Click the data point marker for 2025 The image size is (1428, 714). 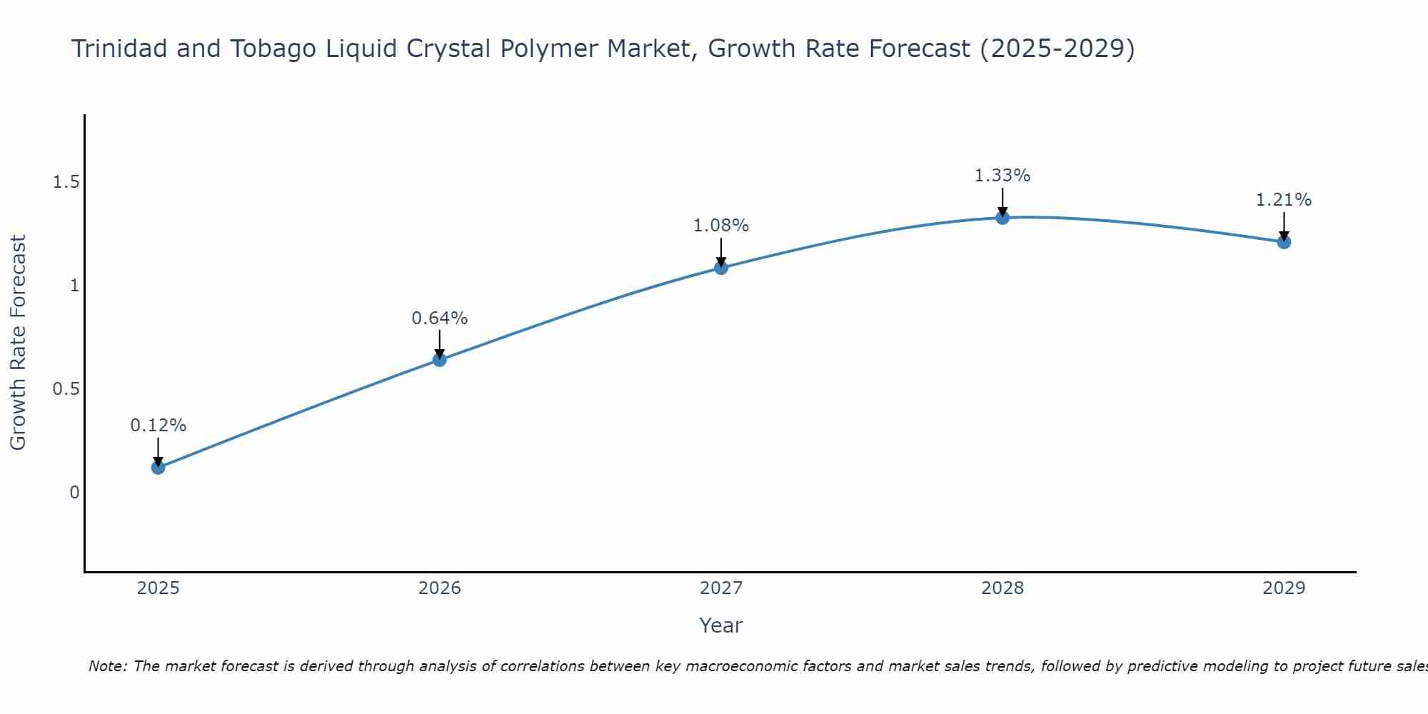159,468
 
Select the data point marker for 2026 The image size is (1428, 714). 440,360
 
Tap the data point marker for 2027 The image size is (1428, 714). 721,268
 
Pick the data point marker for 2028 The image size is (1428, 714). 1002,218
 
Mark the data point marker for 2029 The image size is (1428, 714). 1284,242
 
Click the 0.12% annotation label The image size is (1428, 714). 159,426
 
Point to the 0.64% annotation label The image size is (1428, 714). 440,318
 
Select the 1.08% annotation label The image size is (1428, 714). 721,226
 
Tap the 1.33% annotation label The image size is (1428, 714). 1002,176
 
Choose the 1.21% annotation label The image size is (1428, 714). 1284,200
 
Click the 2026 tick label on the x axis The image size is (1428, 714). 440,588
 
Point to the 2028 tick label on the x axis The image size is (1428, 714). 1002,588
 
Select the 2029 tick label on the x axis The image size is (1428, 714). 1284,588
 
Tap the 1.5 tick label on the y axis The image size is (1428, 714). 66,183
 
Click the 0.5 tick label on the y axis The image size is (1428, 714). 66,389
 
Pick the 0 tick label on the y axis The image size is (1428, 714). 74,493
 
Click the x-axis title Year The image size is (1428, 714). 721,625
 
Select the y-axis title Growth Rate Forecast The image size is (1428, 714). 19,343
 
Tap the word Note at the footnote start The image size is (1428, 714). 107,666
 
